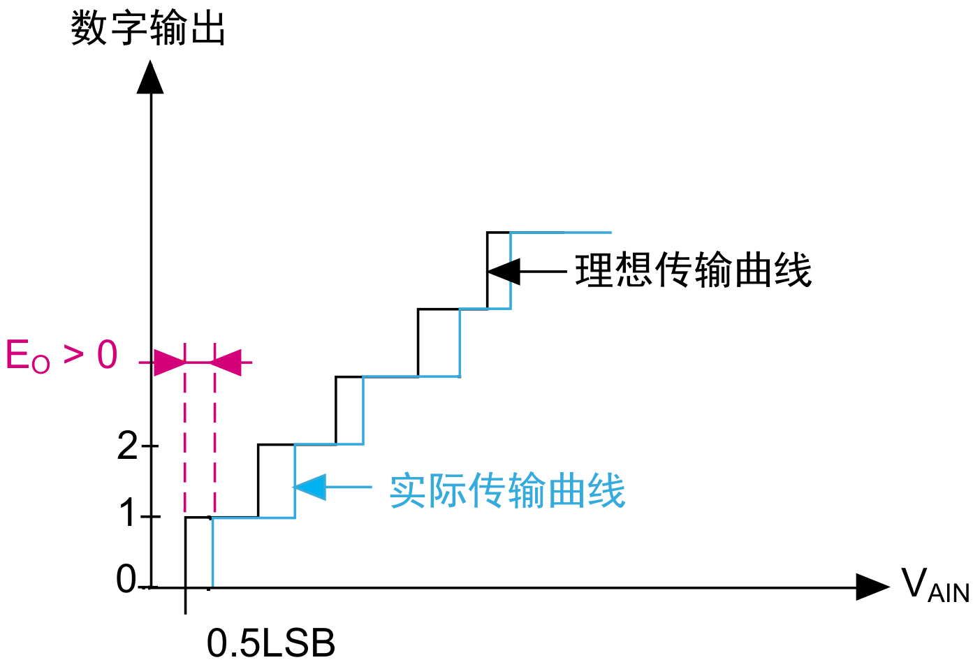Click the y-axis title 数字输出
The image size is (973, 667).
point(147,29)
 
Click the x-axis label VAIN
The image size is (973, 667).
point(935,585)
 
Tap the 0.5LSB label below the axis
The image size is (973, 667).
point(271,643)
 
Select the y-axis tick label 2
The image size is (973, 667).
point(128,445)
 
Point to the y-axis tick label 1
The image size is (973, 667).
point(128,515)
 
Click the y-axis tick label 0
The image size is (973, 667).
point(126,579)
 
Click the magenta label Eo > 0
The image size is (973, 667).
point(61,356)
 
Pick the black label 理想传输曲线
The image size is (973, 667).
point(693,270)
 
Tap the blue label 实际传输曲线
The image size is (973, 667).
point(507,490)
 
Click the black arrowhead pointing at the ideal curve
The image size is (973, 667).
point(505,271)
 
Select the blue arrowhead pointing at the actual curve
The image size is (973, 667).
point(311,487)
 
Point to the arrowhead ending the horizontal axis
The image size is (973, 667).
point(871,587)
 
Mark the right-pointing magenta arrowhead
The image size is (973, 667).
point(168,362)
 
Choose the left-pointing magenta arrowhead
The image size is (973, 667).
point(226,362)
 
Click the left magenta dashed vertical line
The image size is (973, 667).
point(185,433)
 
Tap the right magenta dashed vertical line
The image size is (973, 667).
point(214,433)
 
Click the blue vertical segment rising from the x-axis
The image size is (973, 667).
point(212,552)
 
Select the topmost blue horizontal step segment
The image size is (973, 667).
point(561,233)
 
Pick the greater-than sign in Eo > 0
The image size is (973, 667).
point(74,354)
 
